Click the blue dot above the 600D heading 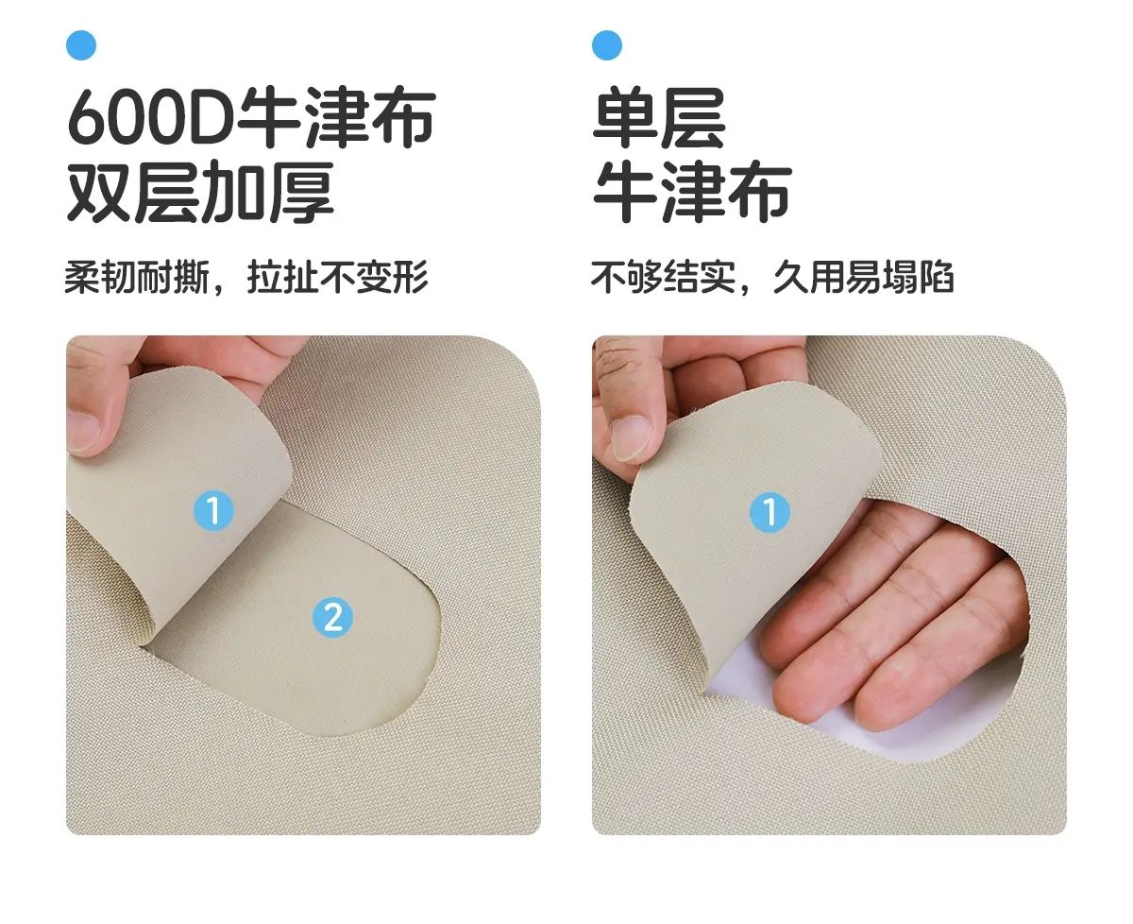(81, 45)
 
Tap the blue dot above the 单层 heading (606, 45)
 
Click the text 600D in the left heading (151, 118)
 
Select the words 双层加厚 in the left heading (200, 192)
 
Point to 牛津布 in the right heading (692, 192)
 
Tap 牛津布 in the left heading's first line (336, 118)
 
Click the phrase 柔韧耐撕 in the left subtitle (137, 277)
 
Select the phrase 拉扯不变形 (337, 277)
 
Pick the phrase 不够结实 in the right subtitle (663, 277)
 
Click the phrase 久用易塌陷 (863, 277)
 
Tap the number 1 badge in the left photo (212, 510)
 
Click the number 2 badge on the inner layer (332, 618)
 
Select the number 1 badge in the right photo (769, 512)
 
